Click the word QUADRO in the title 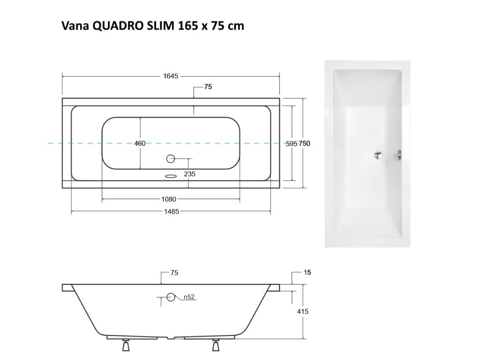[118, 26]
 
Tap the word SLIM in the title [161, 26]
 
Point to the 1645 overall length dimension [171, 76]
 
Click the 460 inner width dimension [140, 143]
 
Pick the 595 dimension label [292, 144]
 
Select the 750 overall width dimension [304, 143]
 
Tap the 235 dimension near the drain [190, 174]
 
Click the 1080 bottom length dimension [169, 199]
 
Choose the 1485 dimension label [172, 212]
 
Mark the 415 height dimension [303, 311]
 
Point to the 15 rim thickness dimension [307, 272]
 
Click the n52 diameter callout [189, 297]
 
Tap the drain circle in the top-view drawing [171, 159]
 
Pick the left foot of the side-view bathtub [125, 345]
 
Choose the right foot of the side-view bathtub [216, 345]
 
